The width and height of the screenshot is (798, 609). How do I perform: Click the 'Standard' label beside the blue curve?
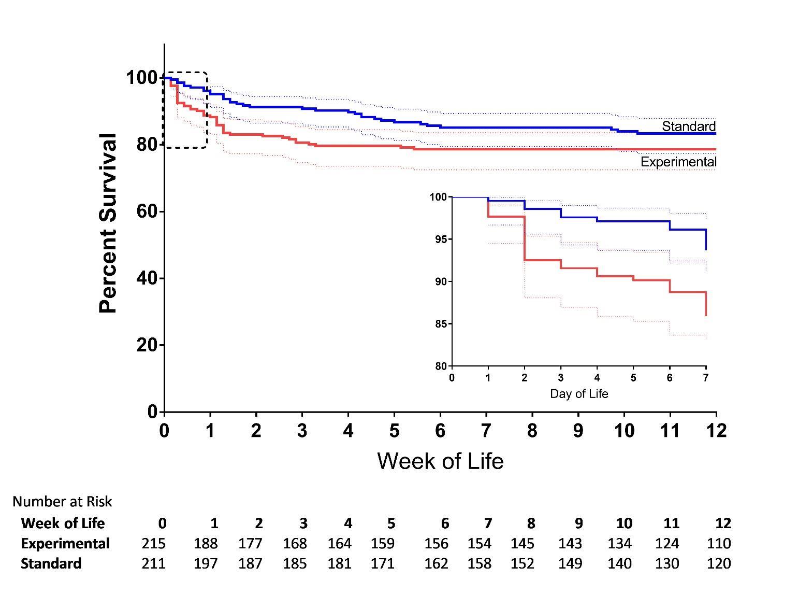[x=688, y=126]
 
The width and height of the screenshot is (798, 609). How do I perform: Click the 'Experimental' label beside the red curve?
[x=678, y=162]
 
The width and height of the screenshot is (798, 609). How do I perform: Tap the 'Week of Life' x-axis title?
[x=440, y=461]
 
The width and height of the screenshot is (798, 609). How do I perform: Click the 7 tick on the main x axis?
[x=486, y=430]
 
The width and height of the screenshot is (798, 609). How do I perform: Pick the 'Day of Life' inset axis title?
[x=578, y=394]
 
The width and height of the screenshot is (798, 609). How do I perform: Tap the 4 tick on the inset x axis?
[x=597, y=378]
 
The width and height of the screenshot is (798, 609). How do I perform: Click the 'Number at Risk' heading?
[x=62, y=502]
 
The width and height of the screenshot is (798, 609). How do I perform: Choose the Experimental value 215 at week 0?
[x=154, y=544]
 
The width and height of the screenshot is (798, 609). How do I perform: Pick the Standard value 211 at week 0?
[x=154, y=563]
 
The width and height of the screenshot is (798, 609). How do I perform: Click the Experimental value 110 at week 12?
[x=719, y=544]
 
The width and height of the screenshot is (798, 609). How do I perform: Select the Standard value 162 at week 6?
[x=436, y=563]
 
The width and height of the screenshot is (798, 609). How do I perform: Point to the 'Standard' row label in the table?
[x=51, y=563]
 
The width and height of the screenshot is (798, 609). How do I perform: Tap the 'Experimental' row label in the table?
[x=65, y=544]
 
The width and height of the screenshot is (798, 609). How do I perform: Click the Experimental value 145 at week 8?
[x=522, y=544]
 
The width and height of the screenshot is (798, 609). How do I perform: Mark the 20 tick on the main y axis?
[x=147, y=345]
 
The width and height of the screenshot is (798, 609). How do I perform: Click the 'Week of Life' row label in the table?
[x=63, y=523]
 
